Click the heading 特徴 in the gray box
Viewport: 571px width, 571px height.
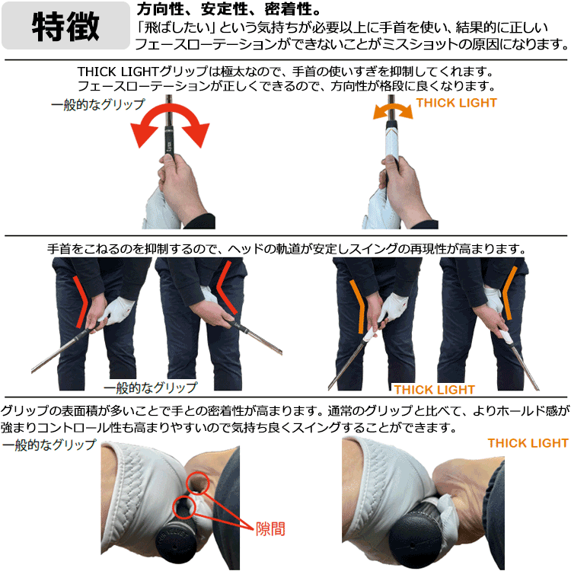click(x=65, y=26)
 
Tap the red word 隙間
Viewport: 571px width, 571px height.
click(x=270, y=529)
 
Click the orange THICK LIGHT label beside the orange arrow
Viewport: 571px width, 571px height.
click(x=457, y=103)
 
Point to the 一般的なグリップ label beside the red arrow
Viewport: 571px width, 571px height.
click(x=98, y=105)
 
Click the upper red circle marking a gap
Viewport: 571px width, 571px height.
click(x=198, y=483)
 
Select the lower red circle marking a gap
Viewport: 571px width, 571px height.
click(x=184, y=507)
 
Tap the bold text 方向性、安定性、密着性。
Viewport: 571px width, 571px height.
click(x=228, y=9)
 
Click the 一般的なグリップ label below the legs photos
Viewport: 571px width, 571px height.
click(x=151, y=388)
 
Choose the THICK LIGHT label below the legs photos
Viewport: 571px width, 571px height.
click(x=434, y=390)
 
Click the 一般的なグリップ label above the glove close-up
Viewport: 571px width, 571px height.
click(x=49, y=445)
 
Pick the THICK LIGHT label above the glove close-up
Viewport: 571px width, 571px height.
click(x=528, y=443)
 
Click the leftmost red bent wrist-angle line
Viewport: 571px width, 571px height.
click(x=80, y=302)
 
